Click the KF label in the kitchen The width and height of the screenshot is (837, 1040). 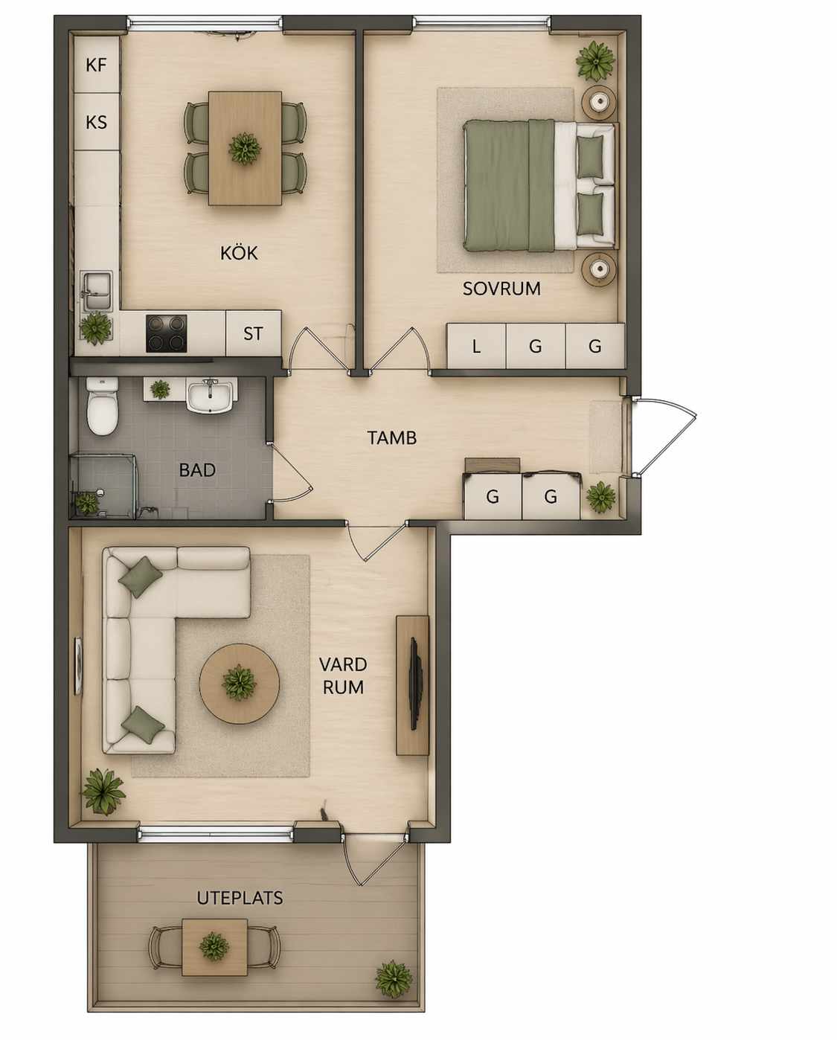point(96,65)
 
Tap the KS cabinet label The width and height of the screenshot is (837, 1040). point(96,122)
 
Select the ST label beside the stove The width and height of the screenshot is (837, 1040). point(253,333)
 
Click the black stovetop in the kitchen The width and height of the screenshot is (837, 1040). point(166,333)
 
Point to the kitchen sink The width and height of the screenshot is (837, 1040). point(96,291)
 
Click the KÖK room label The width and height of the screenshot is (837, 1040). point(239,253)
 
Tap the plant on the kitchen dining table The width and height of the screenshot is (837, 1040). point(245,149)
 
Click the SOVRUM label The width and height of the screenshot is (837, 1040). point(501,289)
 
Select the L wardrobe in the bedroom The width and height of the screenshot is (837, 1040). point(476,346)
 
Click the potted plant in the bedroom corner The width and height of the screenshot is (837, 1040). point(595,61)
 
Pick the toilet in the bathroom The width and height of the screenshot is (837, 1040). point(103,406)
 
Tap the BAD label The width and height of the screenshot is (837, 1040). point(197,470)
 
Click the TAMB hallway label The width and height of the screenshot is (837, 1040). point(392,438)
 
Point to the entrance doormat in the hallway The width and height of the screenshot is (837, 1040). point(605,437)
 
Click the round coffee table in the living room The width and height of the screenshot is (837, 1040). point(240,684)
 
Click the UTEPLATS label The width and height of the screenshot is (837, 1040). point(240,898)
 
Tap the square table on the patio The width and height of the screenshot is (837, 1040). point(214,947)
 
